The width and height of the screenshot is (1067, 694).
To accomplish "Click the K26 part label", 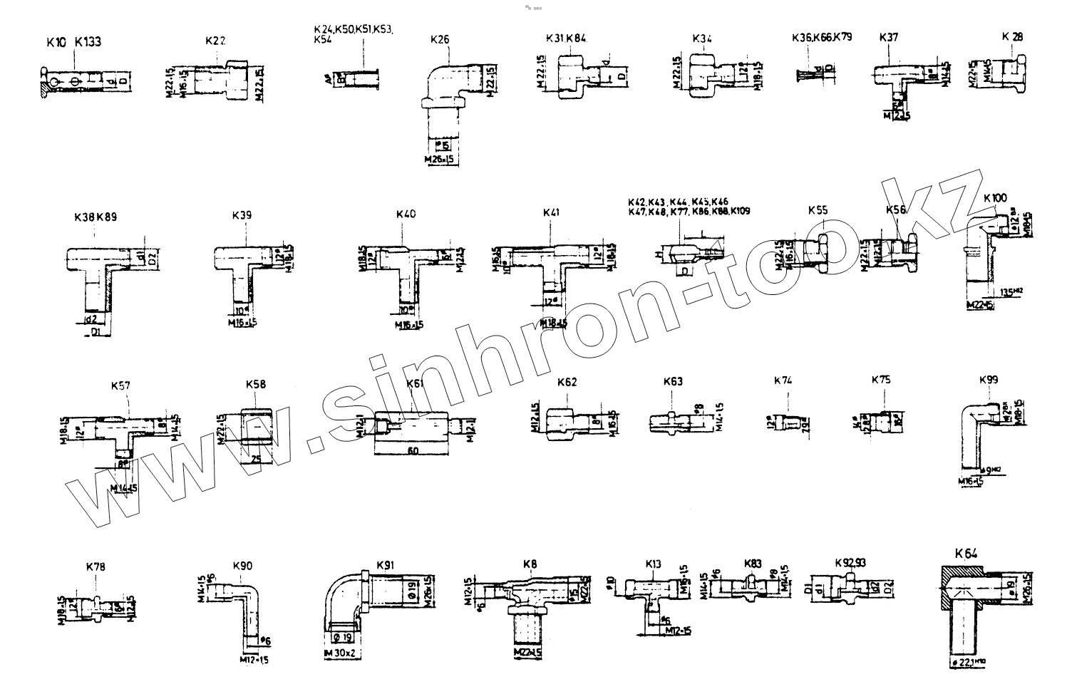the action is pos(440,40).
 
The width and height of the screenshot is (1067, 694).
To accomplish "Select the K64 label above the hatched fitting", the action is pos(966,553).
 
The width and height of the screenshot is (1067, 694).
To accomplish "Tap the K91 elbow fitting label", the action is pos(385,565).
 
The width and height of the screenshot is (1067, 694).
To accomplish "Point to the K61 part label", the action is pos(416,383).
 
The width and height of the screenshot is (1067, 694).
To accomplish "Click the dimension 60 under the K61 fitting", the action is pos(412,451).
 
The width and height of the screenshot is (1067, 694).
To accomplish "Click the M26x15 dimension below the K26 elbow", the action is pos(439,158).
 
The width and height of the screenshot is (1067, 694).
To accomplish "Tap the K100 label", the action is pos(994,197).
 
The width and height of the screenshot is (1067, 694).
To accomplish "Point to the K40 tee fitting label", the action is pos(406,214).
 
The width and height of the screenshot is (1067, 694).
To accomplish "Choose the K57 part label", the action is pos(120,385).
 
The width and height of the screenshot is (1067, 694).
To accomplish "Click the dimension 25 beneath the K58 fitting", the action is pos(256,459).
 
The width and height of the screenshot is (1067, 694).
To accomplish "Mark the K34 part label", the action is pos(702,38).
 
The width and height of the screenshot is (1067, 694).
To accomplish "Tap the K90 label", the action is pos(242,566).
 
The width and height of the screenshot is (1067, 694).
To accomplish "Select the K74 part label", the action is pos(783,380).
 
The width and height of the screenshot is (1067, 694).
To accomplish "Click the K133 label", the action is pos(88,42).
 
